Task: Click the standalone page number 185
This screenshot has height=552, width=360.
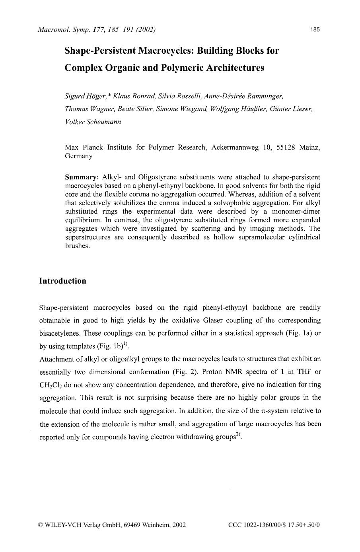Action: pyautogui.click(x=315, y=29)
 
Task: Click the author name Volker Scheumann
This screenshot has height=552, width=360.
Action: pyautogui.click(x=93, y=122)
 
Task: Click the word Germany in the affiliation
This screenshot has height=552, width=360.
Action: pyautogui.click(x=78, y=156)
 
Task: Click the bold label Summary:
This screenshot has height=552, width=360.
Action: pyautogui.click(x=82, y=177)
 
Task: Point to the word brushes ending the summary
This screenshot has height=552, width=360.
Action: pyautogui.click(x=77, y=246)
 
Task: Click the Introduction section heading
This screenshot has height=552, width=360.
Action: pyautogui.click(x=62, y=281)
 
